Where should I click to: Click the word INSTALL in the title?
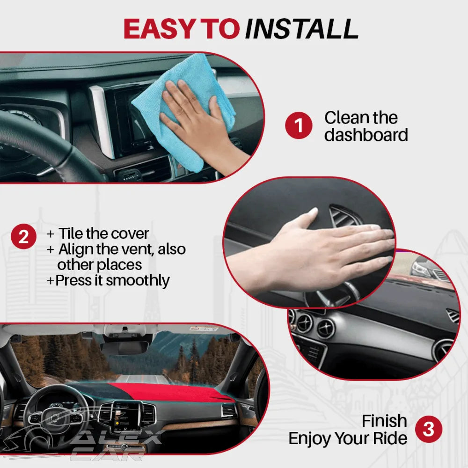(301, 29)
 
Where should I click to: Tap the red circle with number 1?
(298, 126)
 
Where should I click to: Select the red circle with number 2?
(24, 237)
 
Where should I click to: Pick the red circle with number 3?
(429, 429)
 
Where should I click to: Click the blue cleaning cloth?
(187, 94)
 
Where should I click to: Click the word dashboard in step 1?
(366, 135)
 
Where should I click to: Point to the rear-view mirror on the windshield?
(125, 348)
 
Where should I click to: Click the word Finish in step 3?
(384, 421)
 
